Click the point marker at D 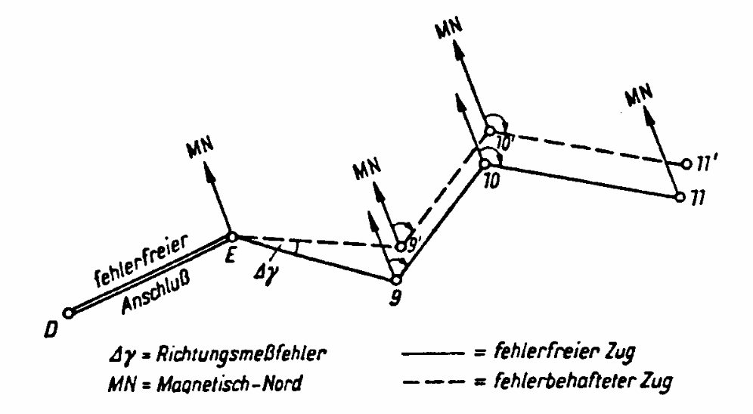pyautogui.click(x=69, y=313)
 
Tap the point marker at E pyautogui.click(x=232, y=237)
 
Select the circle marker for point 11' pyautogui.click(x=686, y=164)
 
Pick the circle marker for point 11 pyautogui.click(x=680, y=197)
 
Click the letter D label pyautogui.click(x=51, y=330)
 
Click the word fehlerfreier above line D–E pyautogui.click(x=141, y=260)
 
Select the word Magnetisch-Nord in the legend pyautogui.click(x=230, y=384)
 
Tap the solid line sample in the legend pyautogui.click(x=432, y=354)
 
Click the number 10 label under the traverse pyautogui.click(x=491, y=181)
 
